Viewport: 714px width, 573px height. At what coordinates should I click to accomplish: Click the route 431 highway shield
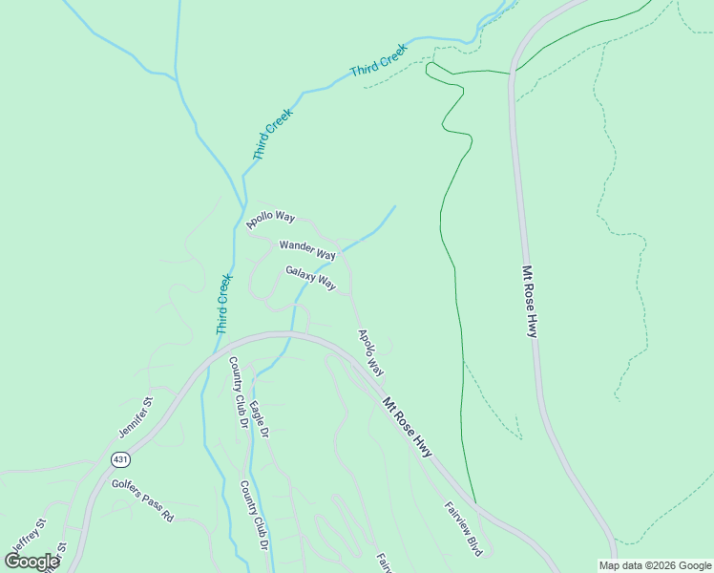(118, 458)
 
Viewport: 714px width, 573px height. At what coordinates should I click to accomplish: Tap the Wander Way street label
(307, 250)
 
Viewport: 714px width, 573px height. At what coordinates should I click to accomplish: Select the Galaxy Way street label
(311, 278)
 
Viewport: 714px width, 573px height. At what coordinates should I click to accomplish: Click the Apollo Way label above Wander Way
(271, 219)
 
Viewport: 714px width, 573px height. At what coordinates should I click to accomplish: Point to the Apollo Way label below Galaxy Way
(370, 352)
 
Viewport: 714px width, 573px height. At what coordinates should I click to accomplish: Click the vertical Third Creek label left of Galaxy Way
(224, 304)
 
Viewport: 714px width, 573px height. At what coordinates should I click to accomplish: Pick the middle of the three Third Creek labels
(273, 134)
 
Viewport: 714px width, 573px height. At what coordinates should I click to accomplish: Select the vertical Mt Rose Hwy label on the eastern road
(530, 301)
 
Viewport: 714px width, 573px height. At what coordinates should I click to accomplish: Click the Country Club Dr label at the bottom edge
(253, 516)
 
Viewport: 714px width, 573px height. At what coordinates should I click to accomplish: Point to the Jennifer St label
(136, 416)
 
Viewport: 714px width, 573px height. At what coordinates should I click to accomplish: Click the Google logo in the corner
(32, 562)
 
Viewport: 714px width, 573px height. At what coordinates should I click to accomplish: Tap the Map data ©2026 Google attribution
(656, 565)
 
